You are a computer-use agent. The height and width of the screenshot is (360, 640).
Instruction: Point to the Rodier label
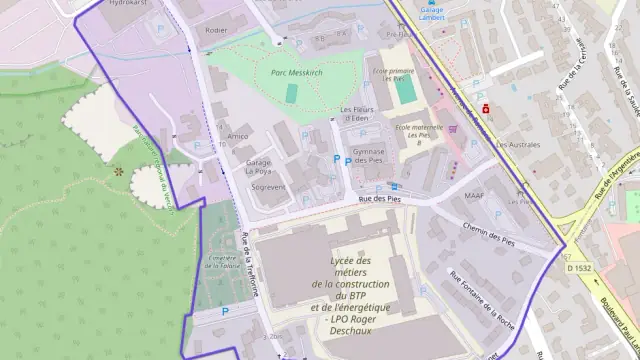tap(215, 31)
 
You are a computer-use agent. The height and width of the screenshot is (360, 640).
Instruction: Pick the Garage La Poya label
tap(259, 166)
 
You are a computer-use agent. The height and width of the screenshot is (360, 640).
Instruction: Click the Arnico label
tap(238, 136)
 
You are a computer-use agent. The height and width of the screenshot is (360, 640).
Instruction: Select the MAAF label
tap(474, 195)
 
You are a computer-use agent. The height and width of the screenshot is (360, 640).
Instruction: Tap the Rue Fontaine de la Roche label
tap(483, 292)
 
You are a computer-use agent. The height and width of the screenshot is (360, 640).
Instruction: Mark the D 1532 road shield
tap(579, 268)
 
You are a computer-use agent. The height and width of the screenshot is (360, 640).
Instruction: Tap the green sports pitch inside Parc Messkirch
tap(291, 92)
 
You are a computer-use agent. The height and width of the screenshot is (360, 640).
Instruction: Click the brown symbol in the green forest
tap(119, 172)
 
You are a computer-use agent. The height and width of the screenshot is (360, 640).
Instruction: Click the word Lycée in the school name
tap(350, 261)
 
